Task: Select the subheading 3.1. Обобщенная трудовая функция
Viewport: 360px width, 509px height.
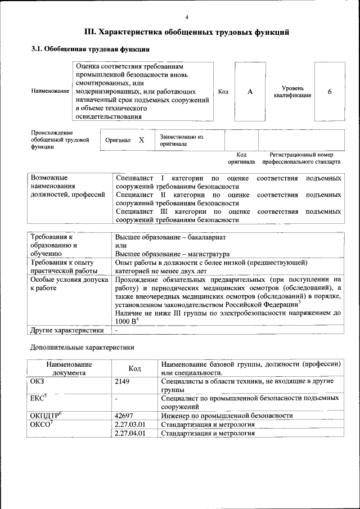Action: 90,49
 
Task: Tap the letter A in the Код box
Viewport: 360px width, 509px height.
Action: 250,92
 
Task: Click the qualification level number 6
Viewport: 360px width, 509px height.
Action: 330,92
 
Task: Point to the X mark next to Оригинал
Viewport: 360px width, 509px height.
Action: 142,140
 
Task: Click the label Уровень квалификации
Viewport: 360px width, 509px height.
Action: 292,92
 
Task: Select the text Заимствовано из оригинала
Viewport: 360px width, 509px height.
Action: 181,140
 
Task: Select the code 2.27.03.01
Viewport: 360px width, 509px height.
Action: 129,424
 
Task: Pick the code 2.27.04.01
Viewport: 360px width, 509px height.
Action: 129,433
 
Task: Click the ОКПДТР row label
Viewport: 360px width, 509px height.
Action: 45,415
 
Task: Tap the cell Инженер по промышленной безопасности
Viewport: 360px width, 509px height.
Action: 226,415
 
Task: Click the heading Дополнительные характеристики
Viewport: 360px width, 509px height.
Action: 82,348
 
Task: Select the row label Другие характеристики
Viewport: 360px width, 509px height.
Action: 67,330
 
